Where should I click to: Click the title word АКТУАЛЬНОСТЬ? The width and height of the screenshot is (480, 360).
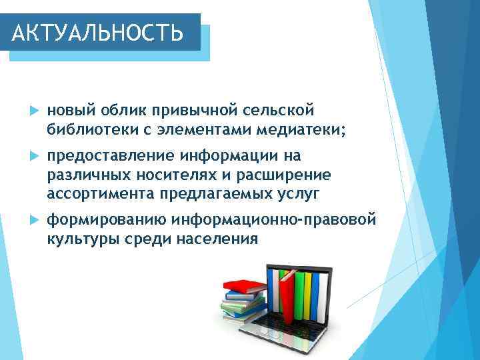98,31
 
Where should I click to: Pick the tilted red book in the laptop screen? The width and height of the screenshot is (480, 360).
287,296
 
